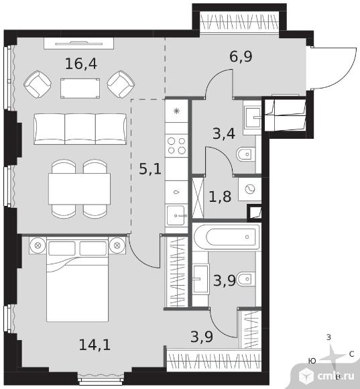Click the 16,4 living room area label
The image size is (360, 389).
tap(81, 64)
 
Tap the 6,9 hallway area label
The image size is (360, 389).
tap(241, 56)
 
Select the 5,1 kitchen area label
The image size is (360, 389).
tap(150, 169)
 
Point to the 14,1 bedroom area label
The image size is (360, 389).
tap(95, 345)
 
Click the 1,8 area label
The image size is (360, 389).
tap(220, 197)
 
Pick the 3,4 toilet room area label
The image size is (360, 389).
tap(224, 134)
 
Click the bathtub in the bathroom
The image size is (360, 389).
tap(227, 237)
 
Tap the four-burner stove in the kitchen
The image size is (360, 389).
tap(176, 146)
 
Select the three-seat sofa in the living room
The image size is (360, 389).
tap(80, 129)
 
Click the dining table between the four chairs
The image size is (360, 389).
tap(80, 188)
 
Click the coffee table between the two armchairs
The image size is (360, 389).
tap(80, 89)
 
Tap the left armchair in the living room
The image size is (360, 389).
tap(38, 85)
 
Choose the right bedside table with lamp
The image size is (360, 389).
tap(117, 245)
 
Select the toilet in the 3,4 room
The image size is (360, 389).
tap(246, 154)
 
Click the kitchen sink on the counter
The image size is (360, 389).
tap(176, 215)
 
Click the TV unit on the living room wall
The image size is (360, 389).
tap(79, 44)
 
